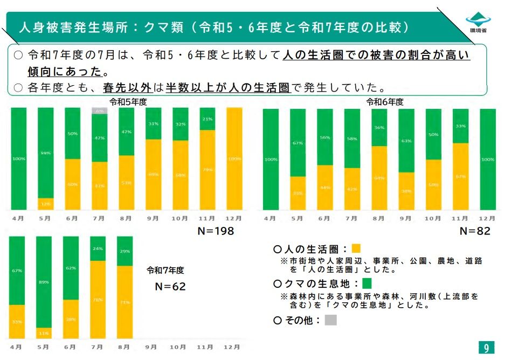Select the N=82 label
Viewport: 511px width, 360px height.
[474, 231]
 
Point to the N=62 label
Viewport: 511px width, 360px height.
[170, 286]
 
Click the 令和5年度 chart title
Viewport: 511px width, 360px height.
[128, 101]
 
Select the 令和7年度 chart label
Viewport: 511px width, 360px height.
[165, 270]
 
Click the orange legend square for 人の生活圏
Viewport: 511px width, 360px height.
[356, 249]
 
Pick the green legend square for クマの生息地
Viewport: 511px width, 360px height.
[368, 283]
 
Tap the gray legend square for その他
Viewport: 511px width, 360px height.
[331, 320]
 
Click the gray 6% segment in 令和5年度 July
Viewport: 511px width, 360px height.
[100, 110]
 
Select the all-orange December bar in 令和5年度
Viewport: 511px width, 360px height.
[234, 159]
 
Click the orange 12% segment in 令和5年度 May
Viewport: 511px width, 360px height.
[45, 204]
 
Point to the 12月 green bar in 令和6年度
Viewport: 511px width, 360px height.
[487, 160]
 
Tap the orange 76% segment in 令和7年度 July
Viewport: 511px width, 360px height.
[98, 300]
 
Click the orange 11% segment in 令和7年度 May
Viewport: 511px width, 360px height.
[44, 333]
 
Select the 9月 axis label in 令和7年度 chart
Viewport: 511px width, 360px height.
[151, 348]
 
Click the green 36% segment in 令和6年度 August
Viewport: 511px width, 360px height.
[379, 128]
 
